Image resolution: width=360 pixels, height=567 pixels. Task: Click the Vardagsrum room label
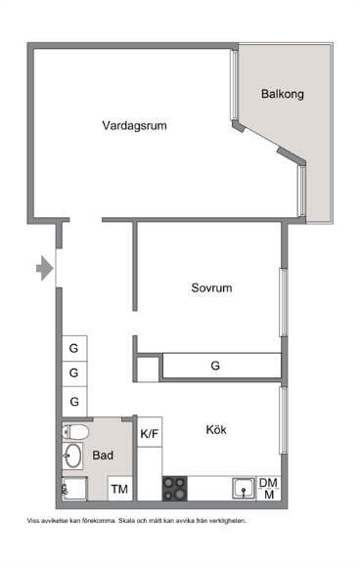click(x=134, y=126)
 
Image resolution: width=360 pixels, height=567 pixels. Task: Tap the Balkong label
click(x=282, y=94)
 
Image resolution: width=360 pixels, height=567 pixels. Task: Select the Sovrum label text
click(x=211, y=287)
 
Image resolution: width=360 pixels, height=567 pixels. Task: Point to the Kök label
click(x=216, y=429)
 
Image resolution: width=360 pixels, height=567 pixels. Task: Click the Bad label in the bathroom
click(x=103, y=455)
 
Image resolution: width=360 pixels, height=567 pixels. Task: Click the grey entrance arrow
click(x=44, y=268)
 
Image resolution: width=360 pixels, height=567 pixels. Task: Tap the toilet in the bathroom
click(x=75, y=432)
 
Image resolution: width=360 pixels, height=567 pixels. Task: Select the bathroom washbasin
click(x=72, y=456)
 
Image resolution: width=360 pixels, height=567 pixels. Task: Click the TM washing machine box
click(x=119, y=489)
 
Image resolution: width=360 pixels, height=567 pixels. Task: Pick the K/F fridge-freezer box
click(x=150, y=432)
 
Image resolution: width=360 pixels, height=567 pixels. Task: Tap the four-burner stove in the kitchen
click(x=175, y=489)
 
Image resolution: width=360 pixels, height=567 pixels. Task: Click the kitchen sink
click(x=244, y=489)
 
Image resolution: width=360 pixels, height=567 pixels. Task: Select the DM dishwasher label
click(x=268, y=482)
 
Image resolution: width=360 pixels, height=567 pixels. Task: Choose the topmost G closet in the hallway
click(x=74, y=348)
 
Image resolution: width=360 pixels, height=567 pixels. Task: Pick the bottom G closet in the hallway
click(x=74, y=402)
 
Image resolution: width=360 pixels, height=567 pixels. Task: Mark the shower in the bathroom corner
click(x=74, y=489)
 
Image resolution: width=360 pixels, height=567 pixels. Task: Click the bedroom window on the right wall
click(x=284, y=302)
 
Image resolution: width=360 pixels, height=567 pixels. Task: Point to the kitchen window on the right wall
click(x=284, y=420)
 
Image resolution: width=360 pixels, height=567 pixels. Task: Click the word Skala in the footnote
click(x=126, y=521)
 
